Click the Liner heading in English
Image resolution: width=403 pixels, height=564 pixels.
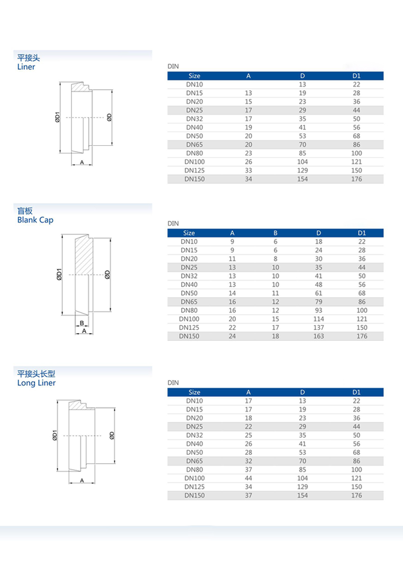tap(26, 67)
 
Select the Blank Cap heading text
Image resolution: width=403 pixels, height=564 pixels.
tap(35, 220)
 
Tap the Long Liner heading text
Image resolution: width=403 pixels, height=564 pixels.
tap(36, 383)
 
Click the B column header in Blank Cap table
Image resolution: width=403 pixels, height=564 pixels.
tap(275, 233)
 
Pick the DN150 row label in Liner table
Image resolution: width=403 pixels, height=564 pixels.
tap(194, 179)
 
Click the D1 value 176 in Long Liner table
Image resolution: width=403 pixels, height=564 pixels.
tap(356, 495)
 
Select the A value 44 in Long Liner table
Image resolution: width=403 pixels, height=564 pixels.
tap(248, 478)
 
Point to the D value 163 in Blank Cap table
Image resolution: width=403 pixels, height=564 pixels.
tap(319, 336)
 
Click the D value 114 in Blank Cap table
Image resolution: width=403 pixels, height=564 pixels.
tap(319, 319)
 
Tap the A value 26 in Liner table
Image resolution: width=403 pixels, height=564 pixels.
tap(248, 162)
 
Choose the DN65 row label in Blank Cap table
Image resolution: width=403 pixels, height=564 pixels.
tap(189, 302)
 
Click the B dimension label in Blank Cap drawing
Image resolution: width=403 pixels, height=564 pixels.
tap(82, 323)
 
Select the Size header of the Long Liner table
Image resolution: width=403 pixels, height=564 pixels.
tap(194, 392)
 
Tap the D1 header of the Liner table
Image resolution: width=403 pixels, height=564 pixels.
tap(356, 76)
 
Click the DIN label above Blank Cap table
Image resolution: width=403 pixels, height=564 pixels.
tap(173, 223)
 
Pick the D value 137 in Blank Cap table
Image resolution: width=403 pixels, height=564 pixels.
tap(319, 328)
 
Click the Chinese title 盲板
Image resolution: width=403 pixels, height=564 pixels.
tap(24, 211)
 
